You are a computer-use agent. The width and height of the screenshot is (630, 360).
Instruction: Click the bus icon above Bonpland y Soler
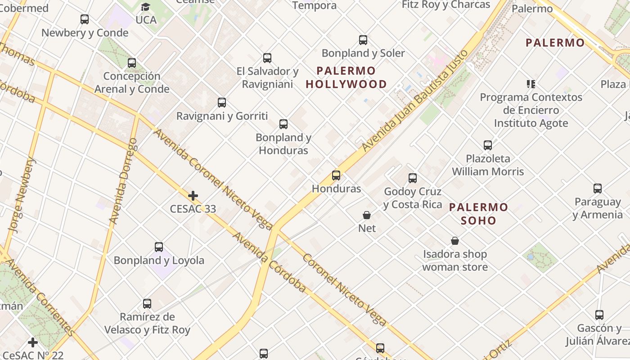click(363, 40)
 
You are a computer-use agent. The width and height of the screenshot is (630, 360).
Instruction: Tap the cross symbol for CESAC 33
click(193, 196)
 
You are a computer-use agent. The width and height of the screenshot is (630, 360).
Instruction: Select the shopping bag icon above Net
click(367, 215)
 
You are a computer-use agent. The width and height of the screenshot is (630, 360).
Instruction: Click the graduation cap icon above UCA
click(145, 7)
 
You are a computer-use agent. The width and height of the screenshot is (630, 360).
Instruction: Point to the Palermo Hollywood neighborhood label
click(346, 77)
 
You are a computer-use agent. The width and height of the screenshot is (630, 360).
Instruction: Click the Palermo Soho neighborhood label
click(478, 214)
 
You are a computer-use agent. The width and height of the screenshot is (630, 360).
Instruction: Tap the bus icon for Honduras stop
click(336, 175)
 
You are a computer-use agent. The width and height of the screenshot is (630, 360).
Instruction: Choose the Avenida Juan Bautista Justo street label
click(415, 101)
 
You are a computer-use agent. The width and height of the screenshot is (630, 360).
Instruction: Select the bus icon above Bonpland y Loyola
click(159, 247)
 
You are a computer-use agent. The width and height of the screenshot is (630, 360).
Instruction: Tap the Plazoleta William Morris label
click(488, 165)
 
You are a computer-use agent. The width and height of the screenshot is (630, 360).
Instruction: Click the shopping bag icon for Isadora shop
click(455, 241)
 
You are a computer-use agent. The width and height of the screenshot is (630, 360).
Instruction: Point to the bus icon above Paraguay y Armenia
click(598, 189)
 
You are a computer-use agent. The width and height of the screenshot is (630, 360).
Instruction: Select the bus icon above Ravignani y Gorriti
click(222, 103)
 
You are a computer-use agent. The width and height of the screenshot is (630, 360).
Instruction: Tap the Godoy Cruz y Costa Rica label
click(413, 198)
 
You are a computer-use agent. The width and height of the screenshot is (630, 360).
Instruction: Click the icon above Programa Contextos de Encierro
click(531, 84)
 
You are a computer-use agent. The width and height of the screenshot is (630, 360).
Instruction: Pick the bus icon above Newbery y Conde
click(85, 19)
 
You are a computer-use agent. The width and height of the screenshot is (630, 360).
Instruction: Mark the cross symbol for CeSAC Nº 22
click(33, 342)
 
